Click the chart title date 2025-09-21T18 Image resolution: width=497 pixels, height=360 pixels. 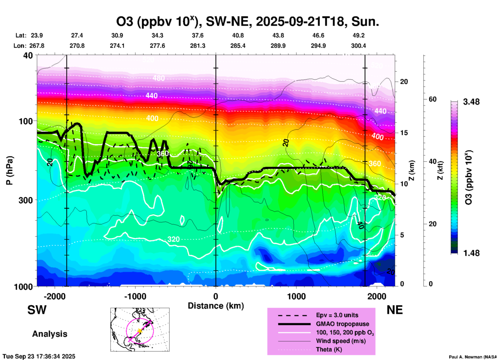[300, 22]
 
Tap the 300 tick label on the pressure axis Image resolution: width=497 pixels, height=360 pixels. [26, 200]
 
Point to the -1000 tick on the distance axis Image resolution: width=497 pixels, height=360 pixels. [135, 296]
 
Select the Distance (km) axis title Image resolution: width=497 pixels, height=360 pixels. [216, 306]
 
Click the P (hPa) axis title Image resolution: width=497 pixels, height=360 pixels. [10, 170]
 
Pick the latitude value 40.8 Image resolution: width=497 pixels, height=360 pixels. [238, 35]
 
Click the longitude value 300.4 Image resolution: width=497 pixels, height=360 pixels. [358, 46]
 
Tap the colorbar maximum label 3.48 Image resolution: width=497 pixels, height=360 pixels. [471, 102]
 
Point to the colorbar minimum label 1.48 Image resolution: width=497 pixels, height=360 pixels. [471, 253]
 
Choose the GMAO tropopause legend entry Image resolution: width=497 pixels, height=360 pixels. [342, 324]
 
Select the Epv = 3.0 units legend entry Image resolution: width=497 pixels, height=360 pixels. [337, 315]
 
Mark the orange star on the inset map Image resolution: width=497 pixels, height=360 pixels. [140, 331]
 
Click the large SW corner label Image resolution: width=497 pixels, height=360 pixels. [37, 310]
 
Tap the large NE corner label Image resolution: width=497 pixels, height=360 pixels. [395, 310]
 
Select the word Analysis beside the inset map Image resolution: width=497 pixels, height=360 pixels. [50, 334]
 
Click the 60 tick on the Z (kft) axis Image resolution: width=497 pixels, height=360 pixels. [432, 99]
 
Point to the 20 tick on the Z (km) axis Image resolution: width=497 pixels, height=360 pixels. [404, 82]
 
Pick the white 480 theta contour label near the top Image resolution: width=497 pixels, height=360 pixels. [158, 78]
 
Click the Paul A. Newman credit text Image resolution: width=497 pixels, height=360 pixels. [472, 357]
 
